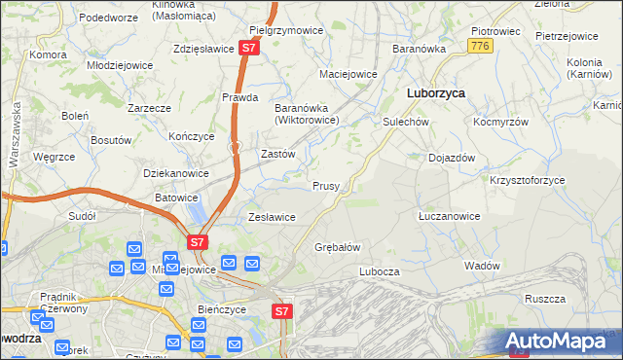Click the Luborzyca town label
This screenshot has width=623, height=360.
[x=434, y=93]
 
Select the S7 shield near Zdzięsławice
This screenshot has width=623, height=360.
[x=249, y=47]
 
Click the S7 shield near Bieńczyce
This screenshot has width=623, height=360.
[x=281, y=311]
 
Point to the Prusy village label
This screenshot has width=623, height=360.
[x=325, y=186]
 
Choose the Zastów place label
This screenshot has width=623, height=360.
[x=278, y=154]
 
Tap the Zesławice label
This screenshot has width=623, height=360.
[x=272, y=217]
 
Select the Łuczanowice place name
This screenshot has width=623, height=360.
[x=449, y=215]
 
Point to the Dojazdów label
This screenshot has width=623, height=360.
[x=452, y=158]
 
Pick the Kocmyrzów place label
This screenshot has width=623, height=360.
[x=500, y=123]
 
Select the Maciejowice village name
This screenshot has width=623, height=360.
[x=348, y=74]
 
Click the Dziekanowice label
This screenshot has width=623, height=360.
[x=176, y=173]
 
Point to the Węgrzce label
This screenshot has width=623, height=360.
[x=54, y=157]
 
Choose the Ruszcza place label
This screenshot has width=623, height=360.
[x=545, y=300]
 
